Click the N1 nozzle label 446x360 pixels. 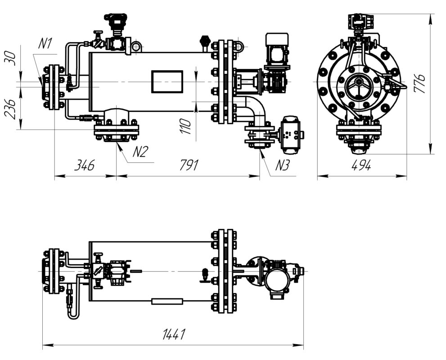(x=45, y=44)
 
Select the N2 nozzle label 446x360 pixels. (x=140, y=152)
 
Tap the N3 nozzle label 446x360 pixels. (x=282, y=165)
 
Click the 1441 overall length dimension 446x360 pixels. (x=174, y=334)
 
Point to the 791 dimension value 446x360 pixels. (x=189, y=165)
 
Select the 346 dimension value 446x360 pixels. (x=84, y=165)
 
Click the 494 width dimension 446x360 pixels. (x=361, y=165)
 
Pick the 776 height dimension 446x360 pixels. (x=419, y=83)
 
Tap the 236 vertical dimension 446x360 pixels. (x=10, y=109)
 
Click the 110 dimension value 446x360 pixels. (x=185, y=126)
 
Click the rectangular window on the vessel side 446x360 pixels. (x=167, y=81)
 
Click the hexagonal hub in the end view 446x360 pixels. (x=359, y=82)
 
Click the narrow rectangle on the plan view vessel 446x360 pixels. (x=167, y=301)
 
